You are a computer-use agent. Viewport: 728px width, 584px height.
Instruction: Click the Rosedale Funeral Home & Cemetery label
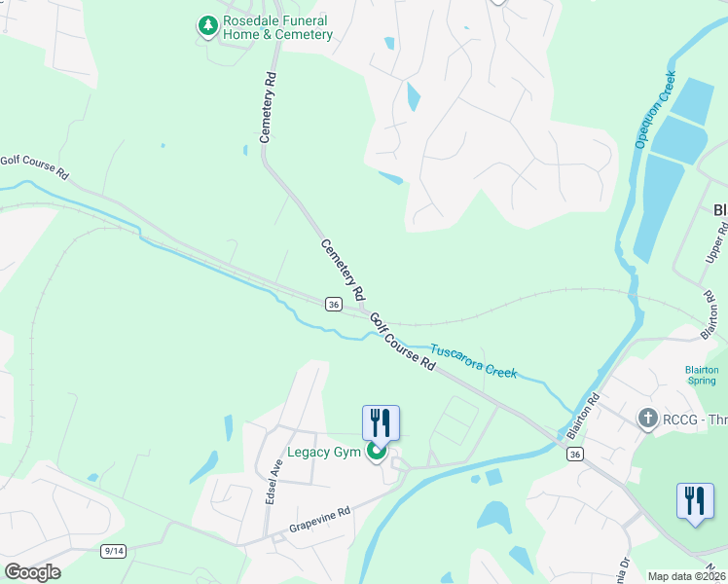point(277,27)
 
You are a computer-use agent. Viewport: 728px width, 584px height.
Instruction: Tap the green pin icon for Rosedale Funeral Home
point(206,26)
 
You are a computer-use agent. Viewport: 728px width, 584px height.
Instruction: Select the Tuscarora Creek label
point(474,361)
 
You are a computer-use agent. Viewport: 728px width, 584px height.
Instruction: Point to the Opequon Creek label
point(655,108)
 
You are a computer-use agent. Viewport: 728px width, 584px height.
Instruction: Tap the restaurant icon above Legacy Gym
point(381,423)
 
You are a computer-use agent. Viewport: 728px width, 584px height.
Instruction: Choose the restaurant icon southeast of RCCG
point(695,502)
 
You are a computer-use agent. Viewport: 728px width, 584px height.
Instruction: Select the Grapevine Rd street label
point(318,518)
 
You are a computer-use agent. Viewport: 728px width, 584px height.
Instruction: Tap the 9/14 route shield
point(113,551)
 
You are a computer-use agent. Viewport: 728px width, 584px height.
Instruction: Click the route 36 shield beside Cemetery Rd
point(334,305)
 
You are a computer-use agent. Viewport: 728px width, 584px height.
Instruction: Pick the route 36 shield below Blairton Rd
point(576,455)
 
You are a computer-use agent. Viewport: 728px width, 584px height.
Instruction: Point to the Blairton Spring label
point(701,376)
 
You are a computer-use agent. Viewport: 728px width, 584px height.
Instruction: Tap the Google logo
point(32,572)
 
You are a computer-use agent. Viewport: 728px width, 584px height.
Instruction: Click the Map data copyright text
point(687,576)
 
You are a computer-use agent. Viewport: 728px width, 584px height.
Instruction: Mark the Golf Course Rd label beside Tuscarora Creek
point(402,341)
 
